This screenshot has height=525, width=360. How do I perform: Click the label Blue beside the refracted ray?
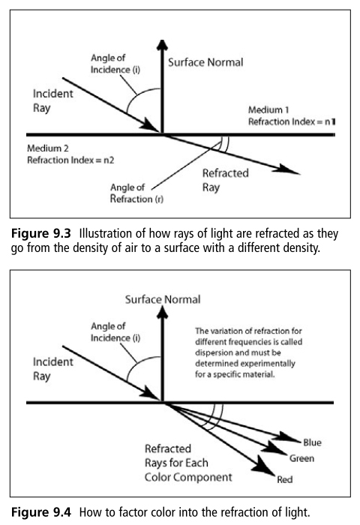tap(312, 442)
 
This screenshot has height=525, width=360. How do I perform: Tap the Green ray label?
tap(301, 458)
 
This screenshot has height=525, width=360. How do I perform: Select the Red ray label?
tap(285, 479)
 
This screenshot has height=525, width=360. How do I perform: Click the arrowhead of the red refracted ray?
tap(263, 466)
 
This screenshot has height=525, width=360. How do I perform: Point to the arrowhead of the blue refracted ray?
tap(289, 437)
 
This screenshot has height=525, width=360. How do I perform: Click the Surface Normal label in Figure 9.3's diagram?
tap(205, 62)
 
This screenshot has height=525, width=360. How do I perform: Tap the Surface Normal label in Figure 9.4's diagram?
tap(163, 299)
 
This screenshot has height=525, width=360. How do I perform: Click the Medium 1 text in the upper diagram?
tap(268, 109)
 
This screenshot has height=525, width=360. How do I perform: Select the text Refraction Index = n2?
tap(70, 160)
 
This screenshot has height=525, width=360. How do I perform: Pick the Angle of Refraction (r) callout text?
tap(136, 193)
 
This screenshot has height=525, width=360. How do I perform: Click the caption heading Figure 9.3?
tap(41, 233)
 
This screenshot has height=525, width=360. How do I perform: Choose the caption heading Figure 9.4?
tap(41, 512)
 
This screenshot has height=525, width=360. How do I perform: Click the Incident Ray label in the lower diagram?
tap(53, 369)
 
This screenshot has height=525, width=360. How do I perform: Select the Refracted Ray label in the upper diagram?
tap(226, 180)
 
